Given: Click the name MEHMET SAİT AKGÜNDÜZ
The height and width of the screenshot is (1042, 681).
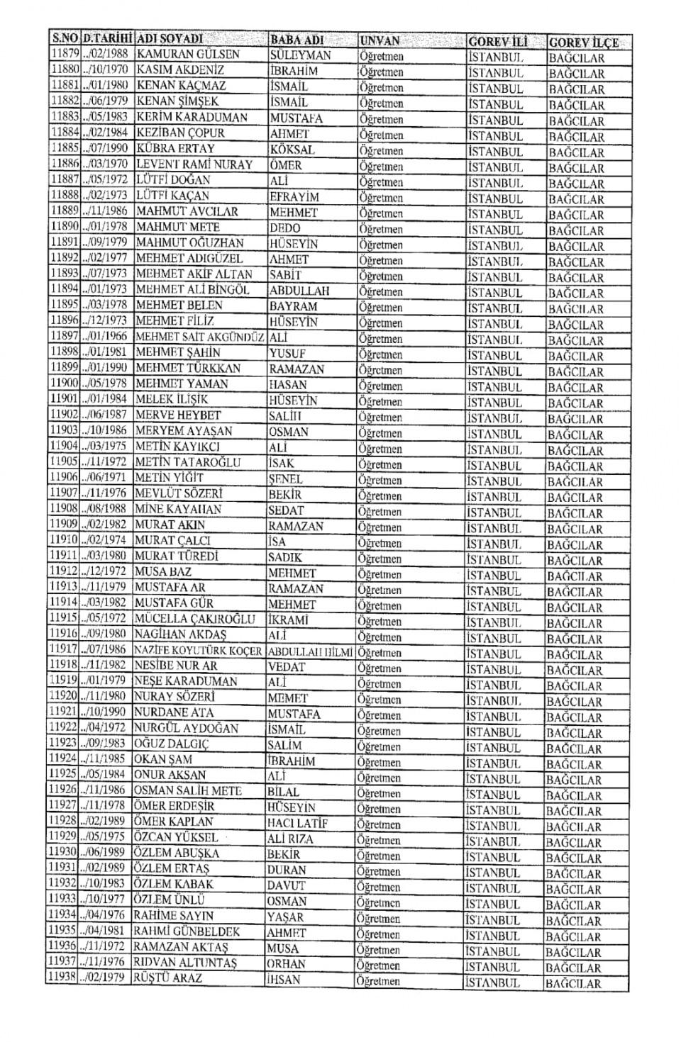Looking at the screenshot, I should click(x=199, y=337).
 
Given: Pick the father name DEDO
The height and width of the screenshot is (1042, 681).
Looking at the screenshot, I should click(x=284, y=228).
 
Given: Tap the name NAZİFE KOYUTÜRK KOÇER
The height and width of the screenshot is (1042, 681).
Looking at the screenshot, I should click(x=198, y=650).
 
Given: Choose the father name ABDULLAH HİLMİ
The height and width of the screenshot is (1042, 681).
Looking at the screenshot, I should click(x=310, y=651).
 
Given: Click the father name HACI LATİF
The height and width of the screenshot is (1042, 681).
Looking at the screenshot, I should click(x=297, y=823).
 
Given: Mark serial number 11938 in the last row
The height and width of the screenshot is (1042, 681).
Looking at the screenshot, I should click(x=62, y=977).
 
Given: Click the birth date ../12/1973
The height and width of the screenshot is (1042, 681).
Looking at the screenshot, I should click(x=104, y=321).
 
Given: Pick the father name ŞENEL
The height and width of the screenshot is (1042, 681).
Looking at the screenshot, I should click(x=285, y=478).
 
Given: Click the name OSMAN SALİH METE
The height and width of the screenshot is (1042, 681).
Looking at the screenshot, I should click(x=188, y=790).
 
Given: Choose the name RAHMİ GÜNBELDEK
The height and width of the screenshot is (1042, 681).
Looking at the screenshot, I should click(x=187, y=931).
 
